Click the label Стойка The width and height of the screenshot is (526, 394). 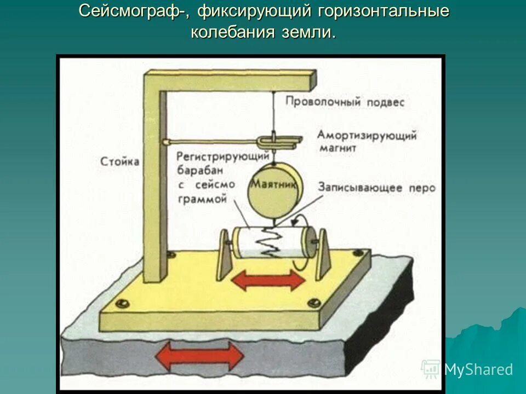point(120,161)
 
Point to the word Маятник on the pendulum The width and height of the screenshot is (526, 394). point(275,186)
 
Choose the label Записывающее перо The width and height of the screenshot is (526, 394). point(376,188)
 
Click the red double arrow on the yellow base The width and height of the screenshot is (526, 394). point(268,280)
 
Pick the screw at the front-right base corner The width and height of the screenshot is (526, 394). point(314,302)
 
